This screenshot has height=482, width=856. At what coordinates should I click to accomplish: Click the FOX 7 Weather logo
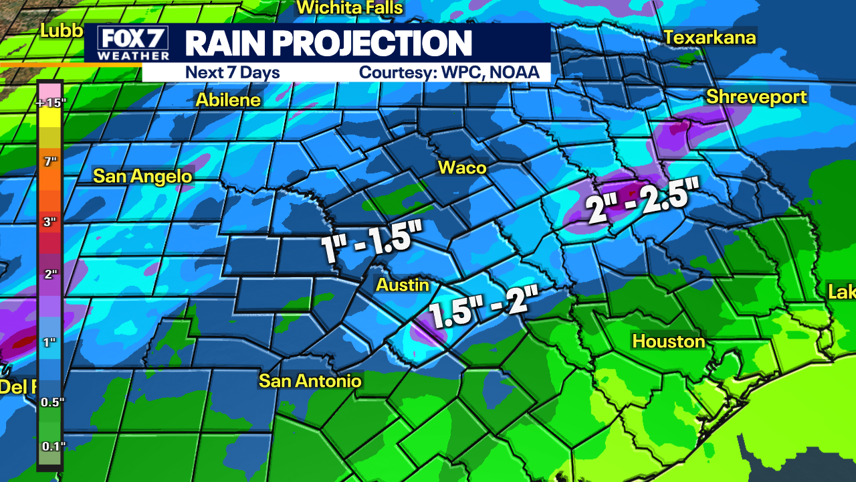pos(133,44)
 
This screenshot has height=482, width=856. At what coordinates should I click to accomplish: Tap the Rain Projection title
pos(328,44)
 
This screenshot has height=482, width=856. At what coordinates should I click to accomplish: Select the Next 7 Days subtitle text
pos(233,72)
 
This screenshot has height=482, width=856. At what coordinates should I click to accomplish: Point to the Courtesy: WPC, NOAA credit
pos(449,72)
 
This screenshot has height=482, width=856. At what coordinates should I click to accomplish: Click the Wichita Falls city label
pos(350,8)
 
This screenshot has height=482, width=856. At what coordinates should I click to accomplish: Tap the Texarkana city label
pos(710,37)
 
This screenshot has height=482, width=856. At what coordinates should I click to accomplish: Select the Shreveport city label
pos(756,97)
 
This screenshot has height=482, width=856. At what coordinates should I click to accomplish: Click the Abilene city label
pos(228,100)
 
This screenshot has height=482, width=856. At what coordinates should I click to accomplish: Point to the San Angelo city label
pos(142,176)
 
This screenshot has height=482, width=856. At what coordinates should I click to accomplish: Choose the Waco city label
pos(462,167)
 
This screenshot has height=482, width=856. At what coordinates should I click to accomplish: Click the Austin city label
pos(403,285)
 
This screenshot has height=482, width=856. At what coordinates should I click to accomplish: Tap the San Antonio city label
pos(310,381)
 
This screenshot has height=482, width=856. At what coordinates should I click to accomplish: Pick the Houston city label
pos(669,341)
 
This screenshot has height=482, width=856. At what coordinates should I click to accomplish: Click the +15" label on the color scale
pos(49,103)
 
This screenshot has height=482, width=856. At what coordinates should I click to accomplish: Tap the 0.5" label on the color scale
pos(50,402)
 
